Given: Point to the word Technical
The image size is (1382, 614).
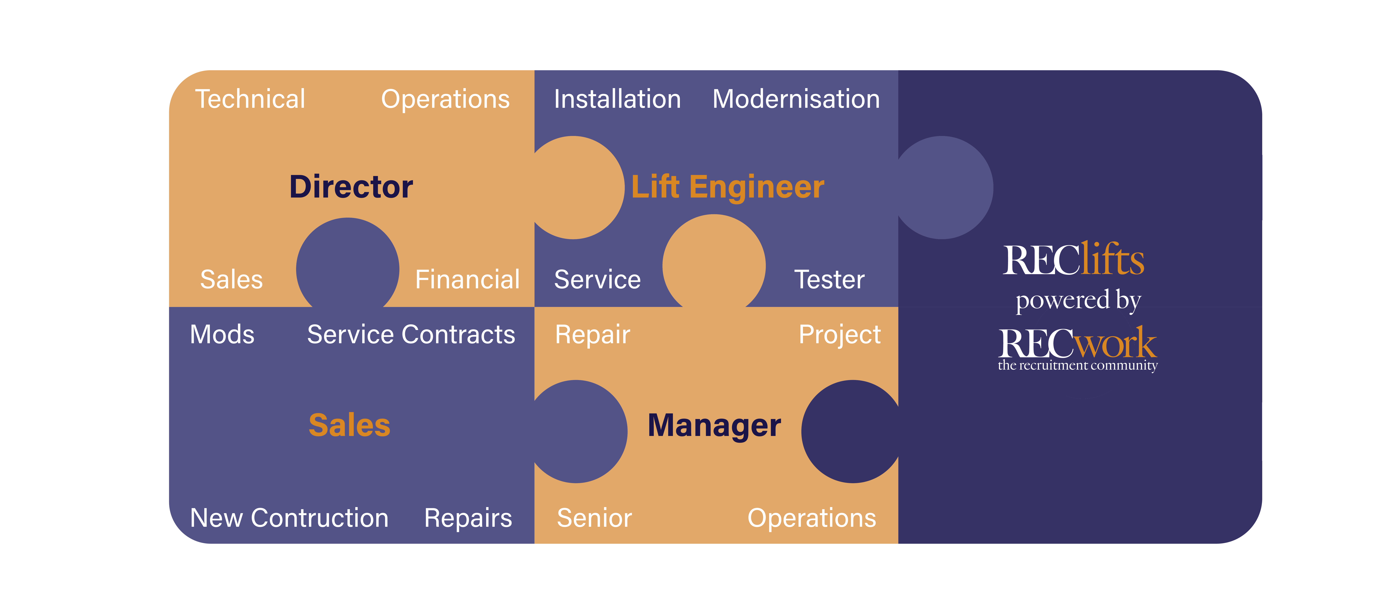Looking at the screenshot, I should pos(250,99).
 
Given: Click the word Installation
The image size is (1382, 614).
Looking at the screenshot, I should pos(617,99).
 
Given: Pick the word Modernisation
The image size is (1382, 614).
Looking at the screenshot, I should pos(796,99).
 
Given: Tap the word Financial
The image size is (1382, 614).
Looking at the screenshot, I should pos(467,279).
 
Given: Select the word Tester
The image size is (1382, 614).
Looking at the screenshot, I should pos(829,279).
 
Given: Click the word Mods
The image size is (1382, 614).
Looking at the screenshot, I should pos(222,335).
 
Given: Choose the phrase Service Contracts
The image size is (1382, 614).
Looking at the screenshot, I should pos(411,335).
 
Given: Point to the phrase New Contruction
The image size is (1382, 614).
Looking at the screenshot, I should pos(289,518).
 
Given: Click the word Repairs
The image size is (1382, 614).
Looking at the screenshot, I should pos(468,518).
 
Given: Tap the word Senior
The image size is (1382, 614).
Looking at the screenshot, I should pos(594,518).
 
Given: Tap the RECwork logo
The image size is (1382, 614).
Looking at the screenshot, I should pos(1077,345).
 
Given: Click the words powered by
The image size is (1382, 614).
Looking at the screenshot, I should pos(1078,300).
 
